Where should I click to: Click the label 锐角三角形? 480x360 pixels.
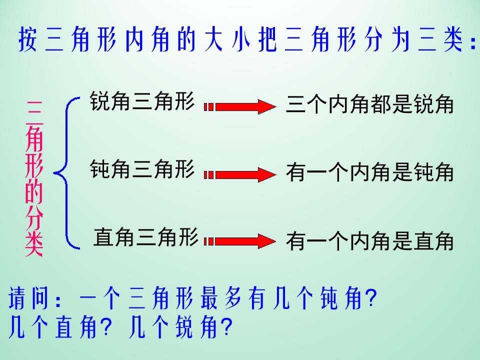[x=141, y=101]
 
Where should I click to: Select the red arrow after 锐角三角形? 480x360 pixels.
[x=240, y=106]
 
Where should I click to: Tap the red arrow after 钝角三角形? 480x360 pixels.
[x=240, y=174]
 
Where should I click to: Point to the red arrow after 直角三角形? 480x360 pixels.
[x=240, y=241]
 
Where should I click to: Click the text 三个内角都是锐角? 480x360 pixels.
[x=369, y=105]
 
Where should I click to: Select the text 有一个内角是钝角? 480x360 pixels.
[x=369, y=173]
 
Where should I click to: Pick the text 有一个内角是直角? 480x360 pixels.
[x=369, y=241]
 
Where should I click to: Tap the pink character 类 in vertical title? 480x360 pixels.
[x=34, y=245]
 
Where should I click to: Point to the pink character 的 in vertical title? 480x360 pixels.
[x=34, y=192]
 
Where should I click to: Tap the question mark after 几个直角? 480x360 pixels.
[x=105, y=327]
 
